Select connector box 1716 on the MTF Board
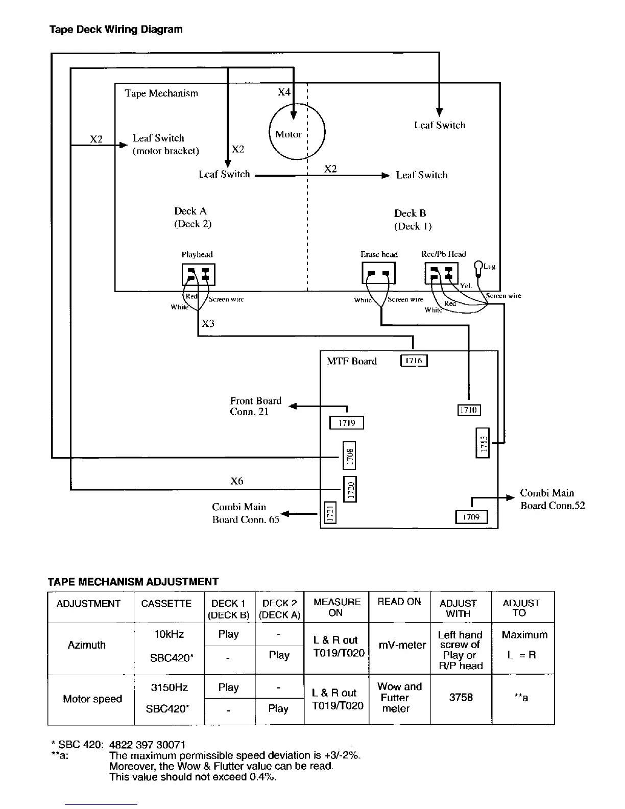[x=414, y=361]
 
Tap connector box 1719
[x=347, y=423]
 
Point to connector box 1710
[x=468, y=410]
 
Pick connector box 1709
[x=471, y=517]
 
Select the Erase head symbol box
[x=378, y=272]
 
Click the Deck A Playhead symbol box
[x=199, y=275]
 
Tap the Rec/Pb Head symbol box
[x=442, y=273]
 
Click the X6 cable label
[x=237, y=481]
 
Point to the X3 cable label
[x=208, y=323]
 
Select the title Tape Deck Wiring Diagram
[x=116, y=29]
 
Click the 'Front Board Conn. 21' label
[x=255, y=406]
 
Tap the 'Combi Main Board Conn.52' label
[x=552, y=499]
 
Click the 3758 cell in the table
[x=461, y=697]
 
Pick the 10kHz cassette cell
[x=169, y=634]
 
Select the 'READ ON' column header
[x=399, y=602]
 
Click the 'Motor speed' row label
[x=92, y=699]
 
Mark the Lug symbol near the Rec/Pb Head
[x=478, y=266]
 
